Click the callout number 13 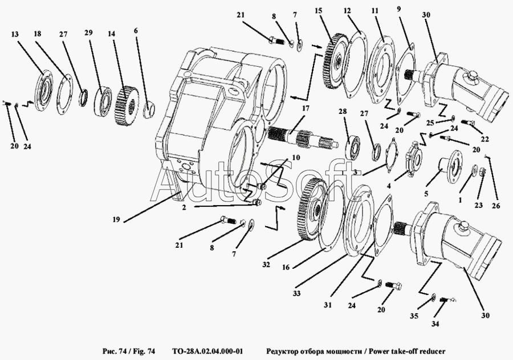15,34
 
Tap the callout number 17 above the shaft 306,109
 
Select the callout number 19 116,219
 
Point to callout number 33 296,293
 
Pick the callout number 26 496,206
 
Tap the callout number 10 296,158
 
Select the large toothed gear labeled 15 334,61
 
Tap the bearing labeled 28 353,145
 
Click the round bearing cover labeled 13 43,89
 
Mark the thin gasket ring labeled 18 64,94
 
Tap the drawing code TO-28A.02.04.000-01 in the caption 207,351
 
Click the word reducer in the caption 432,351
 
